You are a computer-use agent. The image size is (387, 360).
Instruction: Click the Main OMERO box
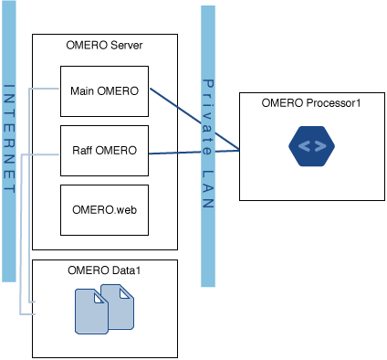click(104, 90)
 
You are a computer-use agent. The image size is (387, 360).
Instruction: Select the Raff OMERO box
click(104, 150)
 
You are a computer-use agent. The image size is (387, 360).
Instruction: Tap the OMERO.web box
click(104, 209)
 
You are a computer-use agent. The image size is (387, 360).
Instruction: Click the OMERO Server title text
click(105, 46)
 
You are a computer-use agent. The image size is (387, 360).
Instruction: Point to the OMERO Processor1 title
click(312, 102)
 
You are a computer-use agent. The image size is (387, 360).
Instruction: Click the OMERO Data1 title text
click(104, 270)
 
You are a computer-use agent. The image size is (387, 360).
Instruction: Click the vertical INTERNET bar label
click(9, 137)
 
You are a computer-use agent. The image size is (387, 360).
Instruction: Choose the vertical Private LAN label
click(207, 142)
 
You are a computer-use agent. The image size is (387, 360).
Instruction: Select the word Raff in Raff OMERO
click(84, 150)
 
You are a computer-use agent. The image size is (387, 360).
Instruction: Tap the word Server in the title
click(126, 46)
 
